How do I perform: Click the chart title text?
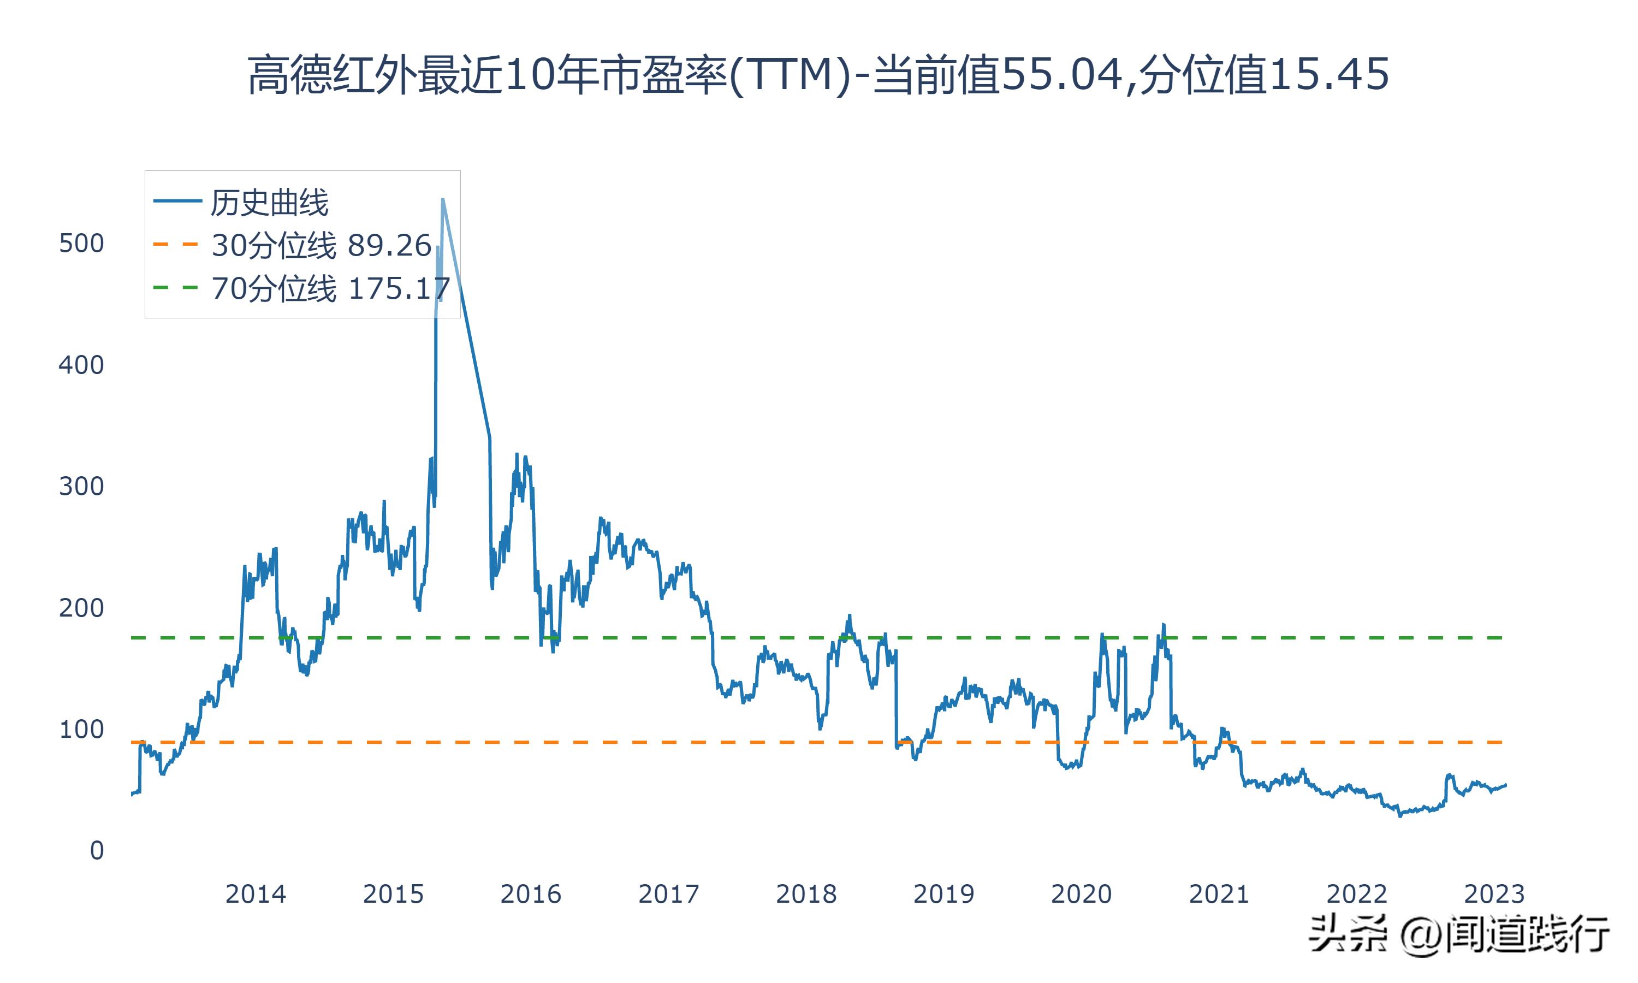pos(818,75)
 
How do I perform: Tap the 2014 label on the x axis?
pos(256,894)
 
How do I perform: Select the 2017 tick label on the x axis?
pos(669,894)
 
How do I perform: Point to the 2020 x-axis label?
pos(1081,894)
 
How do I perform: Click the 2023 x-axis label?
pos(1494,894)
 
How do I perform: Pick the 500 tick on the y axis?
pos(81,244)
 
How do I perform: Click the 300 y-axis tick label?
pos(81,487)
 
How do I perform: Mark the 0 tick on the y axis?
pos(97,851)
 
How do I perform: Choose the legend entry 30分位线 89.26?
pos(322,246)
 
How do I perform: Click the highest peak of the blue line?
pos(442,199)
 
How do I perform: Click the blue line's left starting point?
pos(133,794)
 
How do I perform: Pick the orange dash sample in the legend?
pos(176,245)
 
